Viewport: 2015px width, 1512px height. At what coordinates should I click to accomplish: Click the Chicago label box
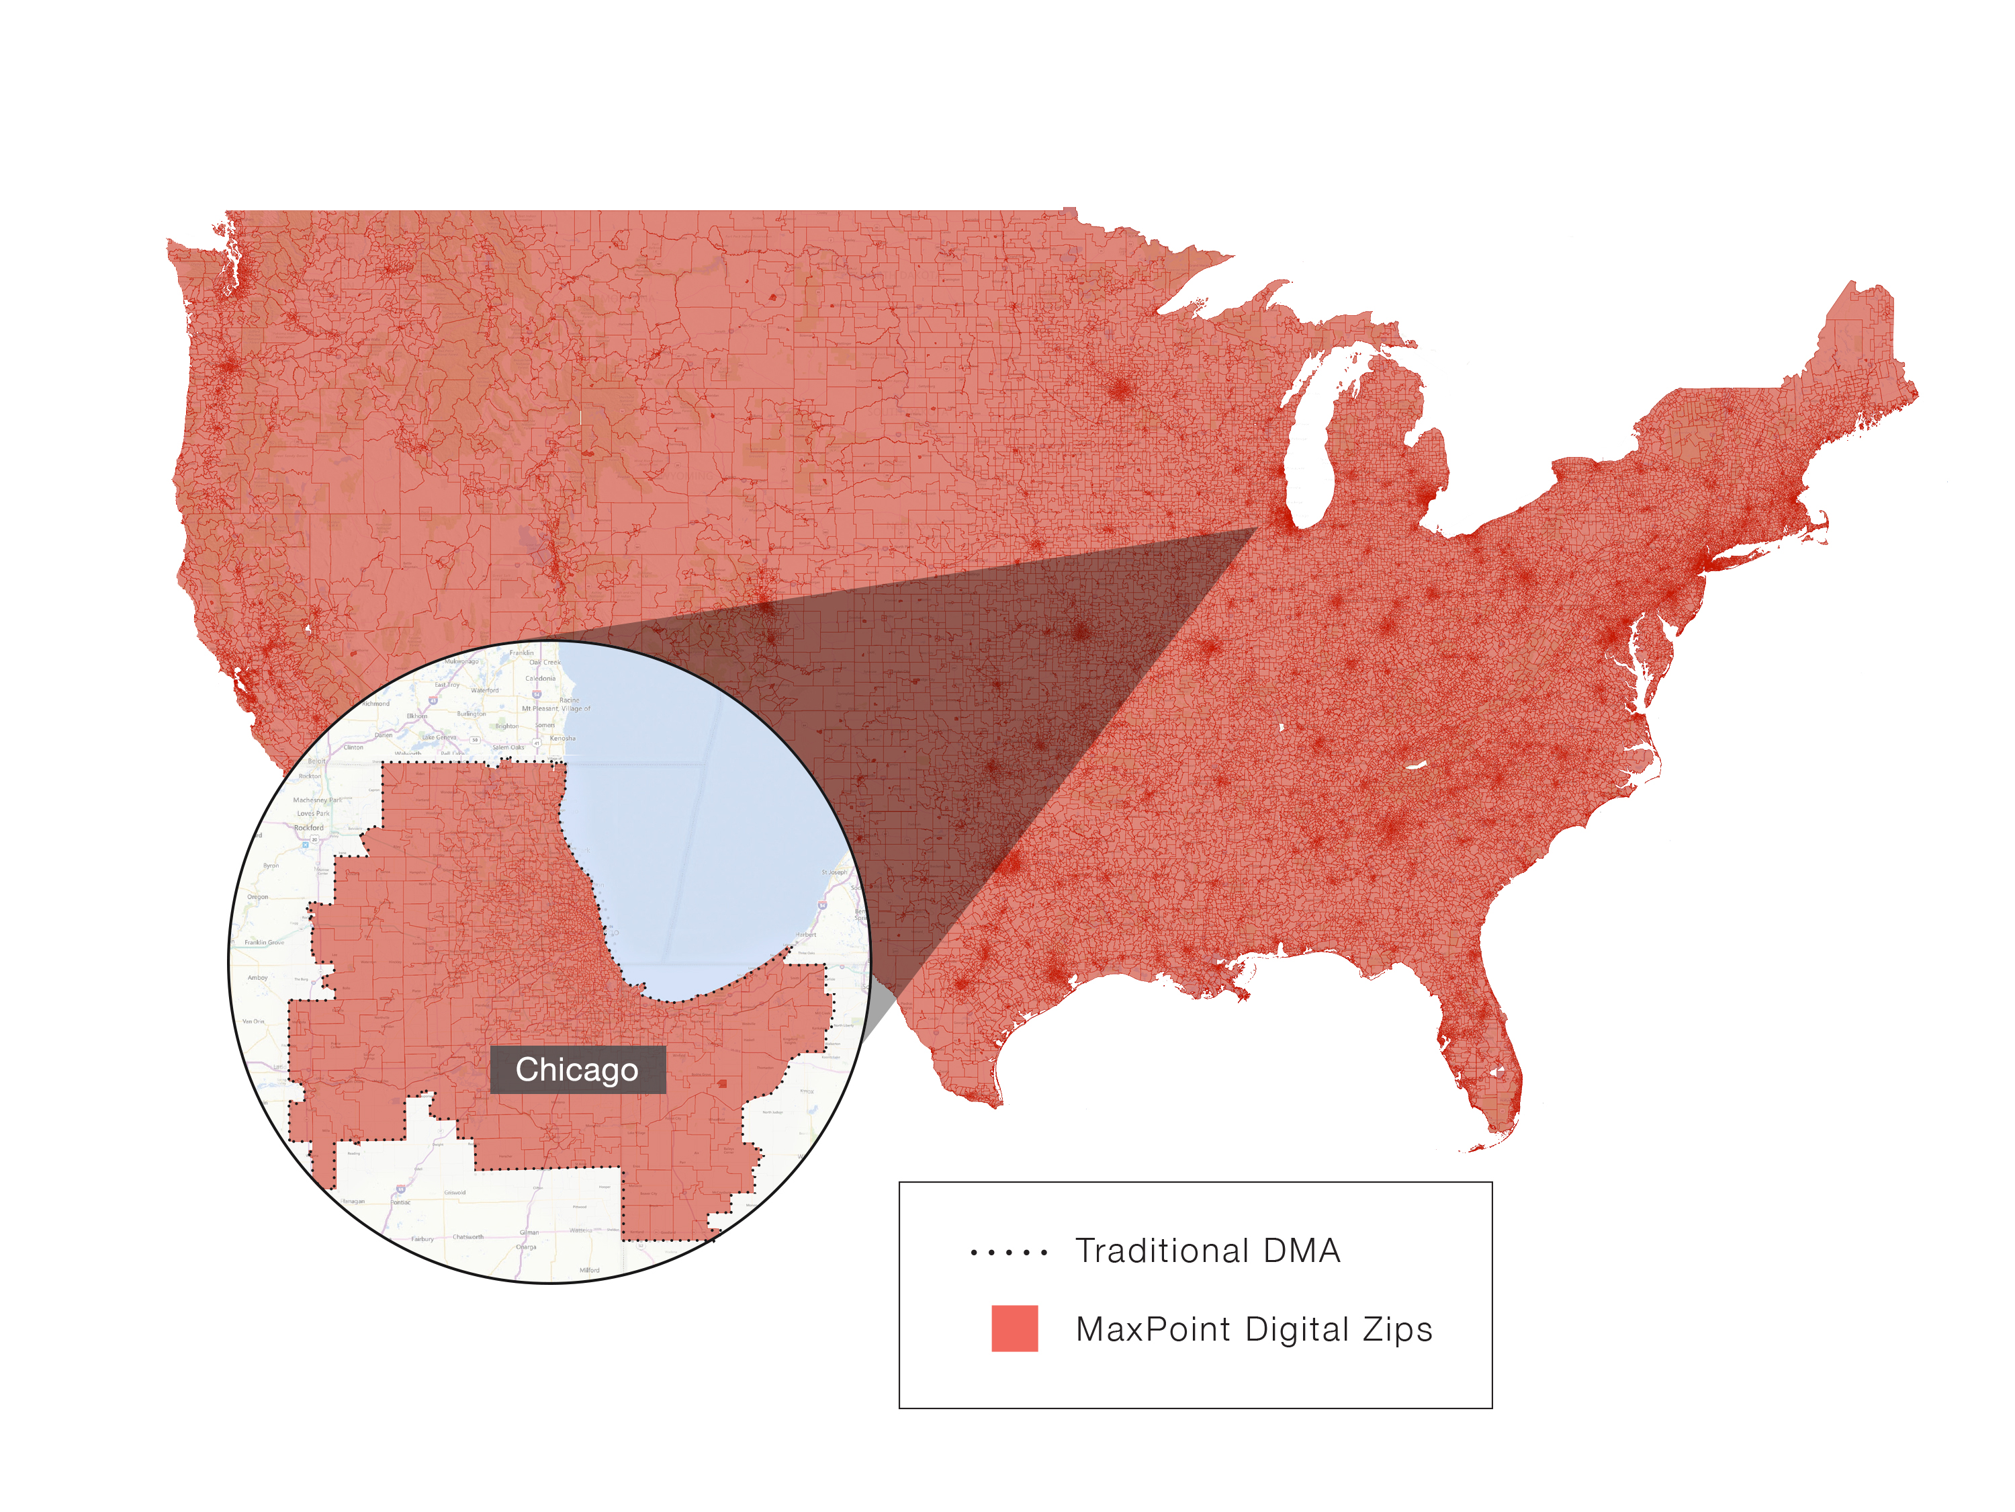click(578, 1069)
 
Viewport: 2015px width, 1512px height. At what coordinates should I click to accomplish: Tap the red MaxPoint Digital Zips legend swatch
click(1014, 1328)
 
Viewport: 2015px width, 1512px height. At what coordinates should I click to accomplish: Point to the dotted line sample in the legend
click(1008, 1252)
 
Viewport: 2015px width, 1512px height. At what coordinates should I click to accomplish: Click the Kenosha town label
click(562, 739)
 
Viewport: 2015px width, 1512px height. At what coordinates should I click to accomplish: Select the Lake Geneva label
click(439, 737)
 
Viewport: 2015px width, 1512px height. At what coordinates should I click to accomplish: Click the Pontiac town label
click(401, 1202)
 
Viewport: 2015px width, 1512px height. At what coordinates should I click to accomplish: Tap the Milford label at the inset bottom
click(589, 1269)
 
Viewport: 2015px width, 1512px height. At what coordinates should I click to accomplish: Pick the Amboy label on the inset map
click(258, 977)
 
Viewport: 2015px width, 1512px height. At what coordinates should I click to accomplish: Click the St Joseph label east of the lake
click(834, 872)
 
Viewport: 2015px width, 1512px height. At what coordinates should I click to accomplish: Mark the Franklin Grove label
click(264, 942)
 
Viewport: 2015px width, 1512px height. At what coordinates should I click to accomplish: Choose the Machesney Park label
click(317, 799)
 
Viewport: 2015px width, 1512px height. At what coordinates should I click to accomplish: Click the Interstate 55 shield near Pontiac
click(402, 1189)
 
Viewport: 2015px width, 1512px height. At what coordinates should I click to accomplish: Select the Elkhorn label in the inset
click(416, 716)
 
